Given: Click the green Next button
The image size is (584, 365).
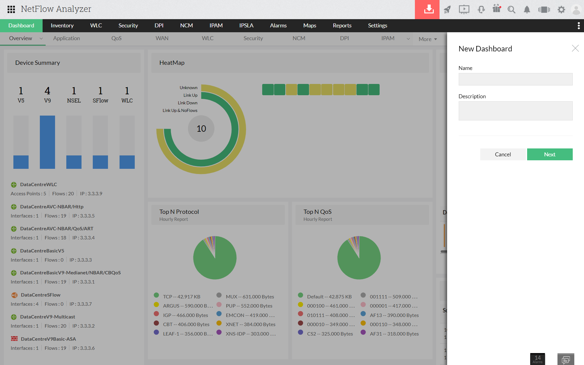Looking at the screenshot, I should point(550,154).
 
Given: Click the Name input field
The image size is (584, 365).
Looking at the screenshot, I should point(515,79).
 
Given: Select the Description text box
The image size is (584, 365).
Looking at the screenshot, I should point(515,111).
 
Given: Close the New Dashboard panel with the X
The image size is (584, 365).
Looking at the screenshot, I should point(575,48).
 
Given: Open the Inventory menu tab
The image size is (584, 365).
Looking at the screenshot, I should point(62,26).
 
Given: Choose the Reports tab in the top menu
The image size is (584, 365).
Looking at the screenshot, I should point(342,26).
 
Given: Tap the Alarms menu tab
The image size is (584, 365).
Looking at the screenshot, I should point(278,26).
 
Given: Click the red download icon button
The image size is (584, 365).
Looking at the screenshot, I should point(427,9).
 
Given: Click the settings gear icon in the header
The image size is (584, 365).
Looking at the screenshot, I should point(561,10).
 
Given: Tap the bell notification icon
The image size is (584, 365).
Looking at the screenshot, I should point(527,10).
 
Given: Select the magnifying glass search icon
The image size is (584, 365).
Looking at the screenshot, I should point(511,10).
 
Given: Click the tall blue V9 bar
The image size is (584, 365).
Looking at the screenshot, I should point(47,142).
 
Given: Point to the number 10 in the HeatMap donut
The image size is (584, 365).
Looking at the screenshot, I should point(201,129).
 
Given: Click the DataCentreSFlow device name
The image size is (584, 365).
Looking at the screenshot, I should point(40,295).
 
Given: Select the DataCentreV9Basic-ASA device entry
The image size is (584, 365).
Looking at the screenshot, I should point(48,339).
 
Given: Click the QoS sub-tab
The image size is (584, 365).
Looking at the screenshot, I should point(116,38).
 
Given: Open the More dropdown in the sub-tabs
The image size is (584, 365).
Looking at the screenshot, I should point(428,39).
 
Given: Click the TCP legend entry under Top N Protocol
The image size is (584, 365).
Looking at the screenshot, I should point(182,297).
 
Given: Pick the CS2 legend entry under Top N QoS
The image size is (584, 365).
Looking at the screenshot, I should point(330,334).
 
